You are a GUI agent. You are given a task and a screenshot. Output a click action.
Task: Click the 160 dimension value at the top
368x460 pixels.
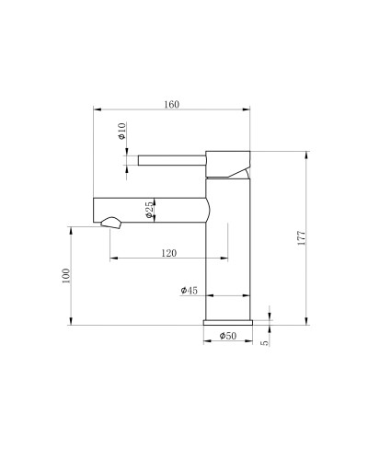click(x=171, y=104)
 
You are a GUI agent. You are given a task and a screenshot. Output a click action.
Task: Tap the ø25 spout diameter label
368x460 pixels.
click(x=148, y=212)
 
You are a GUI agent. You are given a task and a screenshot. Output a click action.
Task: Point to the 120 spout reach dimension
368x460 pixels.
click(x=168, y=251)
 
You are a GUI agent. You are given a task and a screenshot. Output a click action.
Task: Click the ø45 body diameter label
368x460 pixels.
click(x=190, y=290)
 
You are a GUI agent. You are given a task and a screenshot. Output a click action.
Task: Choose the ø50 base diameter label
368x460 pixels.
click(x=227, y=338)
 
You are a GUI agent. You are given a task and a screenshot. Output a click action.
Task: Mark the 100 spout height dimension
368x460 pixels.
click(x=65, y=276)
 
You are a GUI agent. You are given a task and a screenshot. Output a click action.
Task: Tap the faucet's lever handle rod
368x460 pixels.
click(x=171, y=161)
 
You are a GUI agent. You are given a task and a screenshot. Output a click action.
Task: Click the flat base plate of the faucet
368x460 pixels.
click(x=227, y=322)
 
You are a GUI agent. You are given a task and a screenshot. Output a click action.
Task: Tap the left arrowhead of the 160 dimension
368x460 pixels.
click(x=97, y=109)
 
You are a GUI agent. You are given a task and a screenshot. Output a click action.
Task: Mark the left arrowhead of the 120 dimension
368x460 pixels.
click(x=113, y=259)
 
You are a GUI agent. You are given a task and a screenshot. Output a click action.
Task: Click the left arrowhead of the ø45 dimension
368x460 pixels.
click(x=207, y=296)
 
